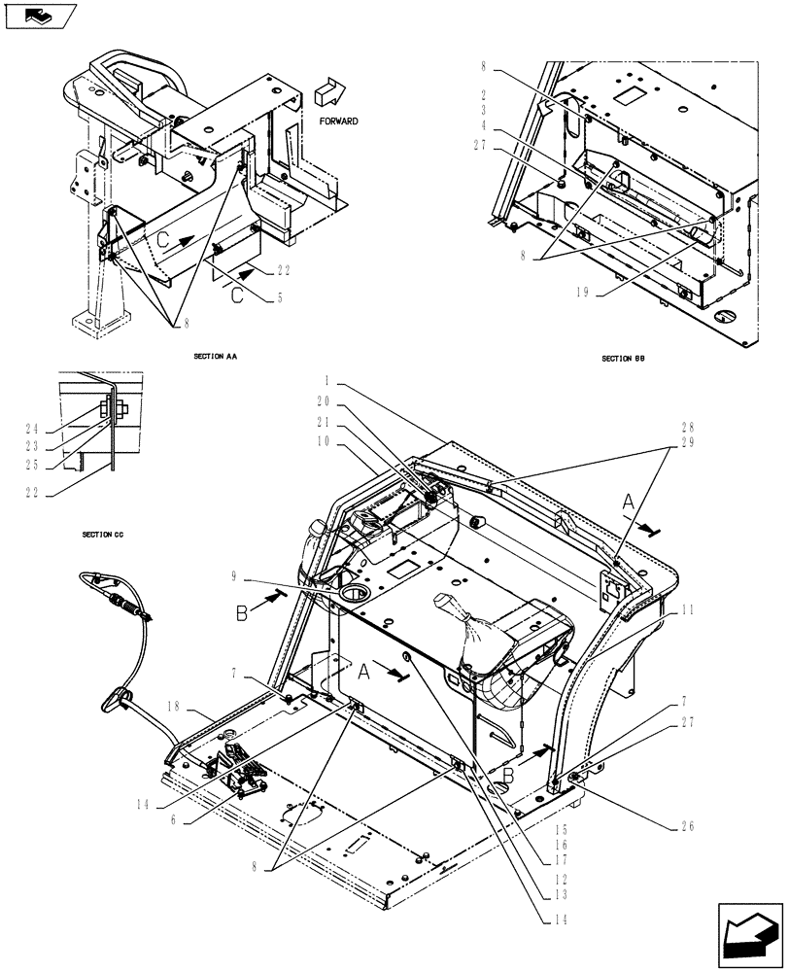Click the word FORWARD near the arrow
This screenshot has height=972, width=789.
337,121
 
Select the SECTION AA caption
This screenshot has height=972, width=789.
216,358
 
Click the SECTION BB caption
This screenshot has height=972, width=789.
623,359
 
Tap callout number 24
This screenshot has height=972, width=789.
31,427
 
